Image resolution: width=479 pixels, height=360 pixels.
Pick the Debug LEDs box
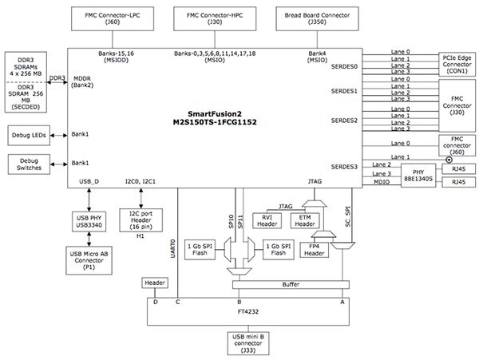[x=30, y=135]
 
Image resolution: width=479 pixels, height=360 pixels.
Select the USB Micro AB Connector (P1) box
[x=89, y=259]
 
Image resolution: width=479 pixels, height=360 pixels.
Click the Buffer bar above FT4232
[x=291, y=283]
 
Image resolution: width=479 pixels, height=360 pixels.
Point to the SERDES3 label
[x=345, y=167]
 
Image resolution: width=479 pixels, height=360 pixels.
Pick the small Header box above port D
[x=154, y=283]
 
